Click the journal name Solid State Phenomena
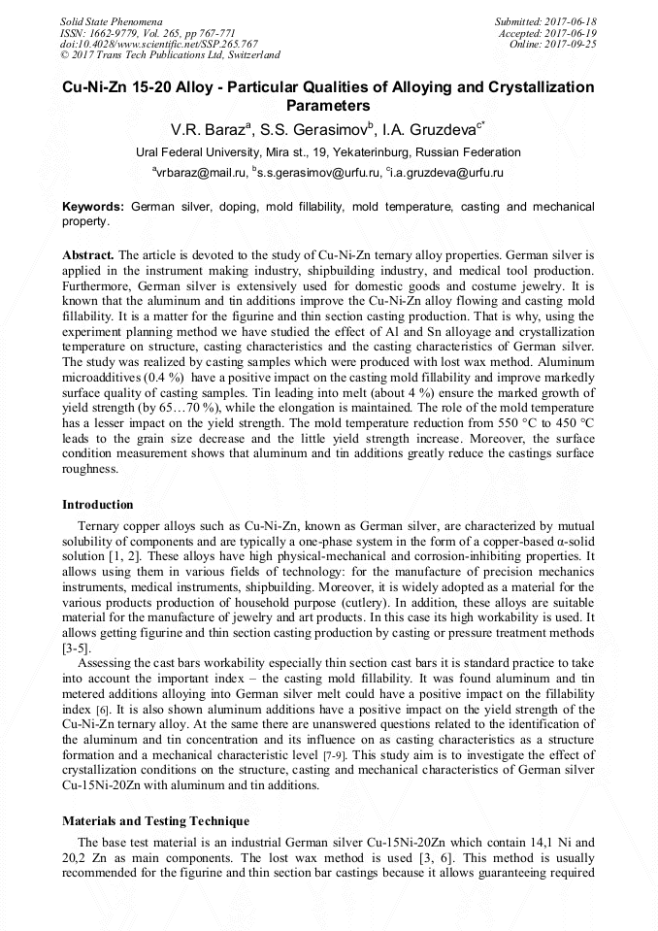(111, 20)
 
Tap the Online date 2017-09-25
(573, 44)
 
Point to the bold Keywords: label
(93, 208)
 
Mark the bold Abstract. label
(87, 253)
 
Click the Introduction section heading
(98, 505)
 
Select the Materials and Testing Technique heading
(155, 821)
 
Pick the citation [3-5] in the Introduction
(78, 646)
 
